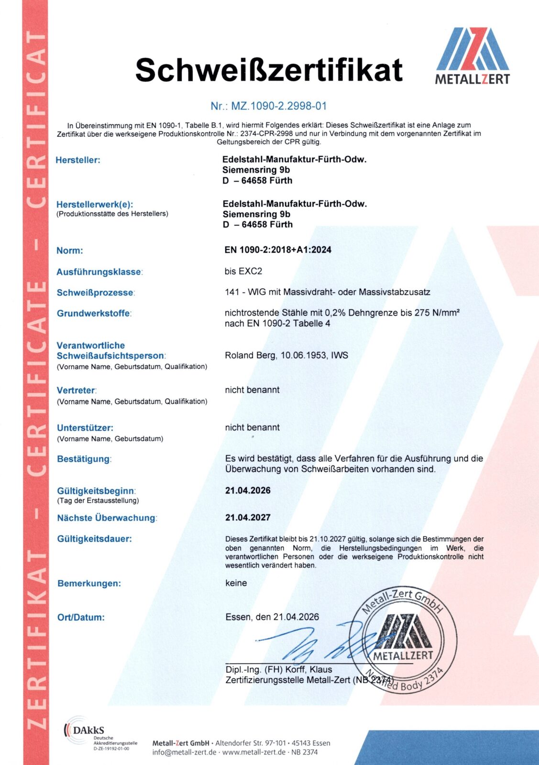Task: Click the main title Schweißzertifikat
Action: click(x=269, y=70)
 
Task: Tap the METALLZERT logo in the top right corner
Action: click(x=473, y=56)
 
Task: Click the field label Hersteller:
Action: click(x=78, y=160)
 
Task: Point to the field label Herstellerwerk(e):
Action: click(x=95, y=204)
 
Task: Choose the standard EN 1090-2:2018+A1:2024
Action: click(x=278, y=250)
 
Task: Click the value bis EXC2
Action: click(x=243, y=271)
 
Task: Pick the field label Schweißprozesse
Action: click(x=95, y=293)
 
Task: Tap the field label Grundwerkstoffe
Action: click(x=94, y=314)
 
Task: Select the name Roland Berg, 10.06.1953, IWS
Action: click(x=286, y=355)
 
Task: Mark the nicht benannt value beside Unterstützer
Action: click(x=252, y=427)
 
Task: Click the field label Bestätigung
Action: click(x=84, y=459)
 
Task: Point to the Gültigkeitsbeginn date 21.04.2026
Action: click(x=248, y=491)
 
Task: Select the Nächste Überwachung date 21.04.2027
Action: click(x=248, y=517)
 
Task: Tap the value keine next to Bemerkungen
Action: click(x=236, y=583)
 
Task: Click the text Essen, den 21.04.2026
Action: click(x=272, y=617)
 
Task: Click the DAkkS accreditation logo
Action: click(x=84, y=730)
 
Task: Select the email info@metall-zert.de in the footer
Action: click(x=184, y=752)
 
